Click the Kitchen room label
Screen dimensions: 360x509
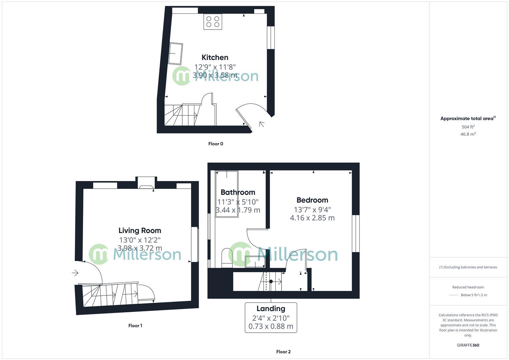pos(215,57)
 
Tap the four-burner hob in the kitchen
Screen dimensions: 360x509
pos(213,22)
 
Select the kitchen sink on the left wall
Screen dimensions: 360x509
pos(175,53)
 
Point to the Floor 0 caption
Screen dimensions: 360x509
pos(216,144)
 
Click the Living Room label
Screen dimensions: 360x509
pos(140,230)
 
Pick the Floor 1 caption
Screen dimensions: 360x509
pos(135,326)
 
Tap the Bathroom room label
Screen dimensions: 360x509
pos(238,192)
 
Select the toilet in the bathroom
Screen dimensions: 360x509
pos(227,258)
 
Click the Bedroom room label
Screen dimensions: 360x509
pos(312,200)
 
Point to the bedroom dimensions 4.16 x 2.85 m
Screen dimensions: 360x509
pos(312,218)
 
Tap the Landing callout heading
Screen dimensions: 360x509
pos(271,308)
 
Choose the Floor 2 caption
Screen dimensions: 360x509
pos(283,352)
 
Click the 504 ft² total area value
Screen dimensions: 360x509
pos(468,127)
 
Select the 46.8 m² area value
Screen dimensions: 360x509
pos(468,134)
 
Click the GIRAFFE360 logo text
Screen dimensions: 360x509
pos(468,345)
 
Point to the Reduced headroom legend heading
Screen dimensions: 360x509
pos(468,287)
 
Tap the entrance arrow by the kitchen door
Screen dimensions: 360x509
pos(262,124)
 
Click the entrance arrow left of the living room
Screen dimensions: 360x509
pos(75,273)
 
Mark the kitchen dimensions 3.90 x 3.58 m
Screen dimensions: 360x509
pos(215,75)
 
